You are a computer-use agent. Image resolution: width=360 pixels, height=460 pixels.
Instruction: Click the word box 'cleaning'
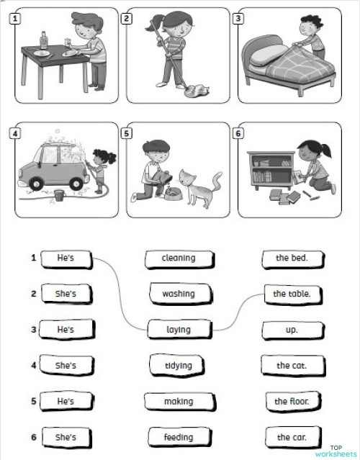tap(179, 258)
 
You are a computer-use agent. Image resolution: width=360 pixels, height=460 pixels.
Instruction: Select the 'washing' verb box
tap(179, 294)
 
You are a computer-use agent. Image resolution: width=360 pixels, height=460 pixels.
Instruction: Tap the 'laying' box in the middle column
tap(179, 330)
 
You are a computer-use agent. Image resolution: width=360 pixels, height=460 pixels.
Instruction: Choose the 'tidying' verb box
tap(179, 366)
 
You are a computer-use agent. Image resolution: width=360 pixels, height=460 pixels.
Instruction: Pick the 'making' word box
tap(179, 401)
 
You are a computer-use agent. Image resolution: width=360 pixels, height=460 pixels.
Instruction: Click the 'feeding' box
tap(179, 437)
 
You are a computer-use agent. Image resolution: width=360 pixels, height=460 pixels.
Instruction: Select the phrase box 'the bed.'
tap(292, 258)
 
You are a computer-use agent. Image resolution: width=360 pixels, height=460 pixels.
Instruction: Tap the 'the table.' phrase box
tap(292, 294)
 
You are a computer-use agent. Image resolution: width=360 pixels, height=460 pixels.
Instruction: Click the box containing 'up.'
tap(292, 330)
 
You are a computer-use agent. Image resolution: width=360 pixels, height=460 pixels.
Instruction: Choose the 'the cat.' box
tap(292, 366)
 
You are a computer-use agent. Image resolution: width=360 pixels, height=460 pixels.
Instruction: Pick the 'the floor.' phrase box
tap(292, 401)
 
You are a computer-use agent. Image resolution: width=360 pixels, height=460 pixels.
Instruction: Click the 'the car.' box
tap(292, 437)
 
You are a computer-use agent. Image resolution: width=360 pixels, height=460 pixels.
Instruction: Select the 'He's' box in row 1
tap(66, 258)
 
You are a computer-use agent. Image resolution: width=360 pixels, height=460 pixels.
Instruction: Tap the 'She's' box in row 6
tap(66, 437)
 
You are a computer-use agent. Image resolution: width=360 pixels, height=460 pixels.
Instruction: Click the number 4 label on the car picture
tap(15, 133)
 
